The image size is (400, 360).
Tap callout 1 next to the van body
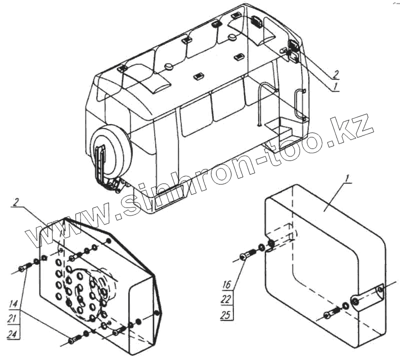pos(336,86)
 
